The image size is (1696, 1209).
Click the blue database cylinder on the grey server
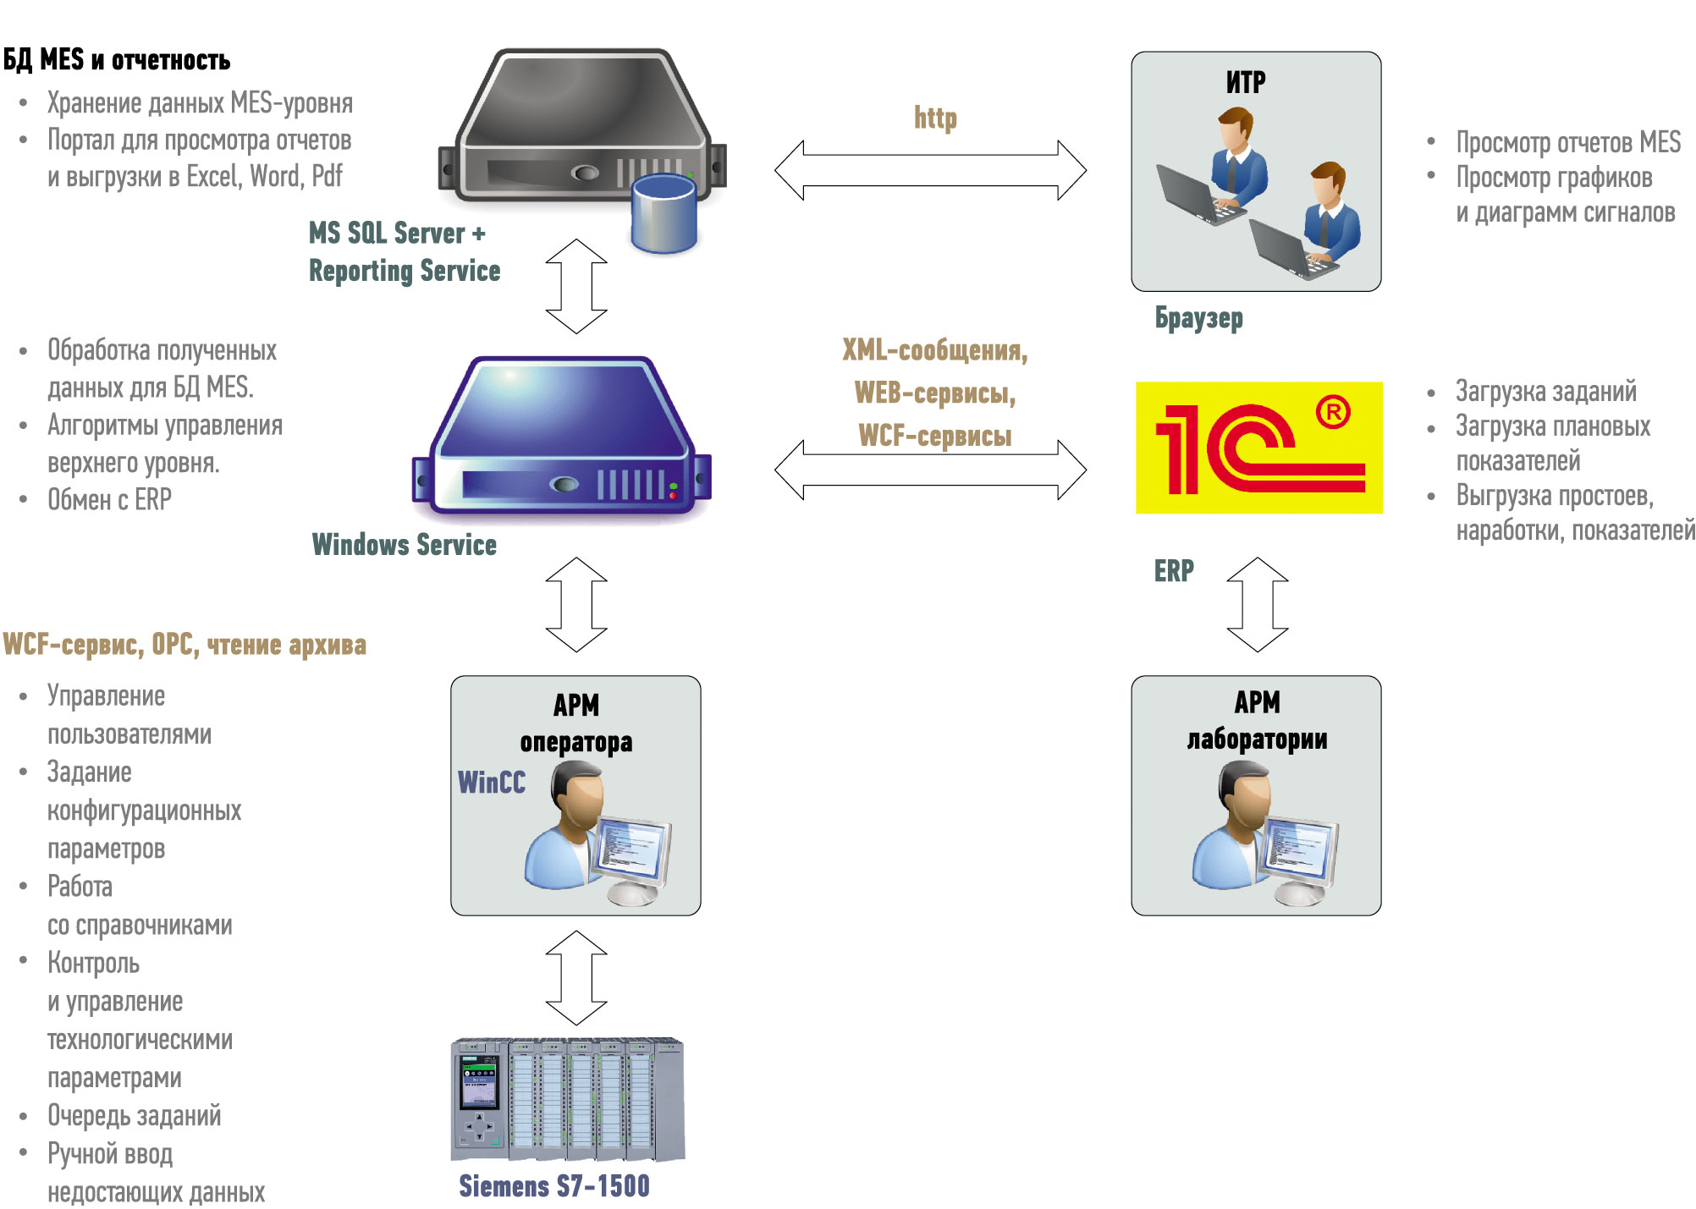tap(664, 213)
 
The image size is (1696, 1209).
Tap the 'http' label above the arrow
tap(935, 118)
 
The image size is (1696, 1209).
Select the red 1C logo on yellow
tap(1258, 448)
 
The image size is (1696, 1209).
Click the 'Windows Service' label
tap(404, 545)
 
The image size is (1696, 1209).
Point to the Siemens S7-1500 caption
tap(554, 1186)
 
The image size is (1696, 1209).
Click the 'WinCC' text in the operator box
tap(492, 783)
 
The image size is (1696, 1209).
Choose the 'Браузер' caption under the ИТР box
tap(1199, 318)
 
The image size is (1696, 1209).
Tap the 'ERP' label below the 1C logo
tap(1174, 571)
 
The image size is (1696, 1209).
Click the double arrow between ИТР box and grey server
tap(930, 170)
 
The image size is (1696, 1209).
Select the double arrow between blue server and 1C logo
tap(930, 470)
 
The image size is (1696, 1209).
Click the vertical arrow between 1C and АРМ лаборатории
tap(1258, 604)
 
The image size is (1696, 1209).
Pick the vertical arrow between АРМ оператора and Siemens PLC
tap(576, 978)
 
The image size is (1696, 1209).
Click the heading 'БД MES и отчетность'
tap(117, 60)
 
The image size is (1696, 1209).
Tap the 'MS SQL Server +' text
tap(397, 233)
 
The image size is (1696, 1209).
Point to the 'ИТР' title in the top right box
tap(1246, 82)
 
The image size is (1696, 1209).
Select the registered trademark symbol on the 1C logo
tap(1333, 412)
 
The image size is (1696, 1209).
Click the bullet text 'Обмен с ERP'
tap(109, 499)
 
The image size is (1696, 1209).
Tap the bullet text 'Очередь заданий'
tap(134, 1115)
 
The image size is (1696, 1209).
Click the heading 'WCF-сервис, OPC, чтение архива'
tap(184, 645)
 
